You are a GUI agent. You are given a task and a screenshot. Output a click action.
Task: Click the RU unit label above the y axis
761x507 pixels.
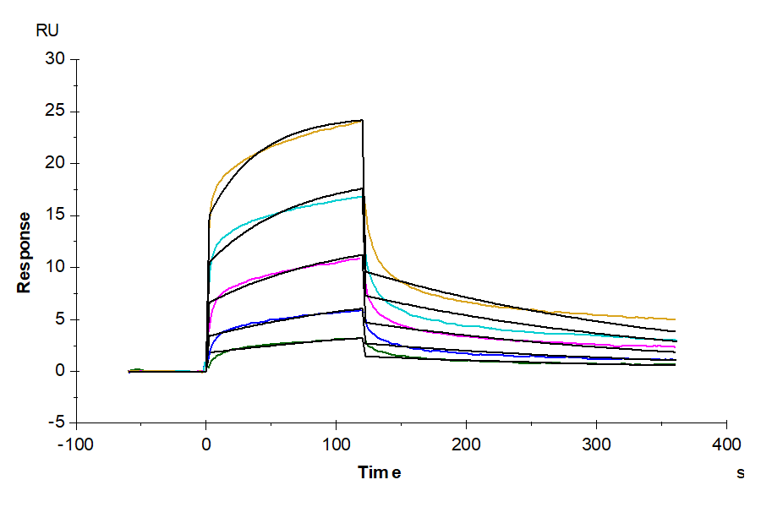point(47,31)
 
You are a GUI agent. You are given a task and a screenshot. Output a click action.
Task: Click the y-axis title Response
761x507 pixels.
point(25,252)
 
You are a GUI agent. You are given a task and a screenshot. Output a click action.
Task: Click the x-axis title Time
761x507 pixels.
point(379,472)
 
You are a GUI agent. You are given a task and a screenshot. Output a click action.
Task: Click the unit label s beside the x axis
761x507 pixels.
point(741,473)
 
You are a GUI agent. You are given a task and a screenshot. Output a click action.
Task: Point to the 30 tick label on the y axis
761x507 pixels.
point(56,59)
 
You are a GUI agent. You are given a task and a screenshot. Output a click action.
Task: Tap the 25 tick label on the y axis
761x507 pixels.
point(56,112)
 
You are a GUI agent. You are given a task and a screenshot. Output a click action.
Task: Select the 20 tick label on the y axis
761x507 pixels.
point(56,163)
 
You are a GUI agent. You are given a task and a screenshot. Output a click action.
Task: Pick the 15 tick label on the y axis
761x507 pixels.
point(56,215)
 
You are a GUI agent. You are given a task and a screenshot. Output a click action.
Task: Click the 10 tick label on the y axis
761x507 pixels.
point(56,267)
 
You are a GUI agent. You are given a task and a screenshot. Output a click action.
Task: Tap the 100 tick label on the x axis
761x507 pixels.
point(336,444)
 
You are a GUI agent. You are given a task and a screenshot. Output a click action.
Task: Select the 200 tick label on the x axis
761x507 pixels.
point(466,444)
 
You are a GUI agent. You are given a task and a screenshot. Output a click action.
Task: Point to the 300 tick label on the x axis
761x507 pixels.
point(597,444)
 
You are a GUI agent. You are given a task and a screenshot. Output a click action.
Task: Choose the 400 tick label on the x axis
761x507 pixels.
point(727,444)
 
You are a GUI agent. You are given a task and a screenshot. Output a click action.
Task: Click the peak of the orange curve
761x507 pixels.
point(362,121)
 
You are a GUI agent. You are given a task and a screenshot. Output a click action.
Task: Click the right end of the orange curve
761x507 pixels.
point(676,319)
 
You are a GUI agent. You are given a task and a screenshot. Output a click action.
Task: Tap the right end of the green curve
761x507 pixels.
point(676,364)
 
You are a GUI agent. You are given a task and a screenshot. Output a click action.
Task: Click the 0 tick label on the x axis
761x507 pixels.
point(205,444)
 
